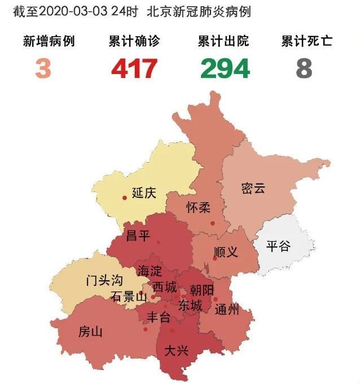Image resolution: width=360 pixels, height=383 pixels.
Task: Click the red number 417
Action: click(134, 68)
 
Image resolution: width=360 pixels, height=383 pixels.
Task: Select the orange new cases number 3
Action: click(43, 68)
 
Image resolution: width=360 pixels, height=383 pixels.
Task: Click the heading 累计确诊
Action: click(134, 41)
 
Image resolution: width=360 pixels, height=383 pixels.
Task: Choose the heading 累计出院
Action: click(223, 41)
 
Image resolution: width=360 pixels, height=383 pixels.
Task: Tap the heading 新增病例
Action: click(49, 41)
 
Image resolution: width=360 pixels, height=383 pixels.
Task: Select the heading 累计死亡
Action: click(307, 41)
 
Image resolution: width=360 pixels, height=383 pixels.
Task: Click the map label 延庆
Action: click(144, 193)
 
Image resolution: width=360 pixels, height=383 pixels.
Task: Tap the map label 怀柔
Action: click(198, 207)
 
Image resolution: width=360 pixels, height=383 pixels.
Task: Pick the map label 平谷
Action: click(278, 246)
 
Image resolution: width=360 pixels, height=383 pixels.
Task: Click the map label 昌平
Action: click(138, 236)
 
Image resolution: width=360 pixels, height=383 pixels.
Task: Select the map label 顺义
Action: click(226, 252)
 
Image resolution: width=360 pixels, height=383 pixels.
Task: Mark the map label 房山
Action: click(91, 332)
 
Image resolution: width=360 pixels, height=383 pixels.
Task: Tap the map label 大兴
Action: click(175, 350)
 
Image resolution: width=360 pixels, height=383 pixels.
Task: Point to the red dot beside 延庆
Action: click(125, 198)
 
